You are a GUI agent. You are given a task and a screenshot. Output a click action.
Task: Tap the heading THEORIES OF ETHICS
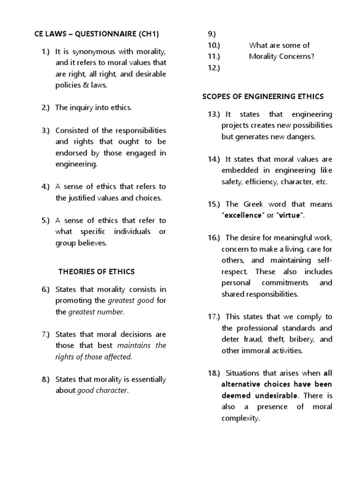pos(96,271)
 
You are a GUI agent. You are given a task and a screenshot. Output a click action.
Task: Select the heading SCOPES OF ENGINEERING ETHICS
pos(263,97)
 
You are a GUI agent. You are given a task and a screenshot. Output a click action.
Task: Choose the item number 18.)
pos(215,374)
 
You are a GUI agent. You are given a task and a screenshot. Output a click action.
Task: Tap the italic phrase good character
pos(102,390)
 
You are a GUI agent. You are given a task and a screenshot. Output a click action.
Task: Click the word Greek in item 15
pos(254,204)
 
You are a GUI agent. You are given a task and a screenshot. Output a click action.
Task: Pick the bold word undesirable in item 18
pos(273,396)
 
